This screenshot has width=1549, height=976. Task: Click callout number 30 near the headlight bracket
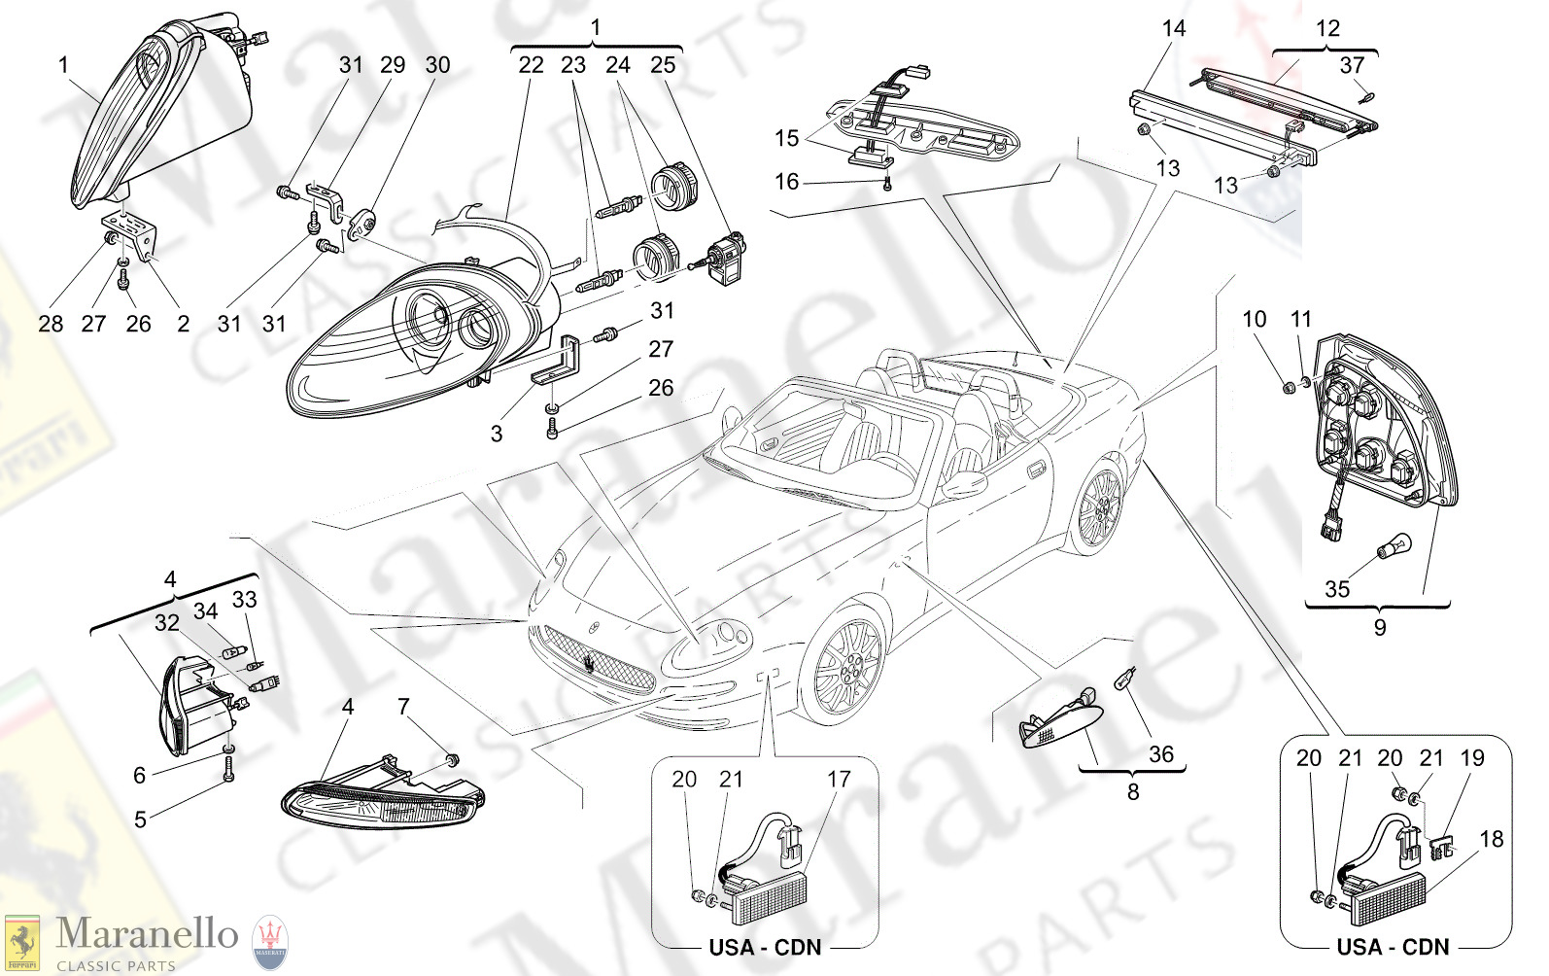[x=437, y=65]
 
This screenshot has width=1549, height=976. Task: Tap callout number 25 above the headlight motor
[x=663, y=65]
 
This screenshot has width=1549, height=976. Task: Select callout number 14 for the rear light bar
[x=1174, y=29]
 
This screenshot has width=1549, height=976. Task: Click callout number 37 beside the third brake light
[x=1352, y=65]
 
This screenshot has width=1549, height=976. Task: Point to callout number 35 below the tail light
[x=1337, y=589]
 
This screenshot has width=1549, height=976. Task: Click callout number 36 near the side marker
[x=1161, y=753]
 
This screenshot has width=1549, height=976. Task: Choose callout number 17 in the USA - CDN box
[x=839, y=779]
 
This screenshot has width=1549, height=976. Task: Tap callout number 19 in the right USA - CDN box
[x=1472, y=758]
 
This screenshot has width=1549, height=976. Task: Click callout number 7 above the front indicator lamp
[x=404, y=707]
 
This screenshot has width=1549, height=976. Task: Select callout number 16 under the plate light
[x=786, y=182]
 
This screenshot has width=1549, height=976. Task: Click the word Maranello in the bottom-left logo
[x=147, y=934]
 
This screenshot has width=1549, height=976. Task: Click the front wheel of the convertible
[x=847, y=667]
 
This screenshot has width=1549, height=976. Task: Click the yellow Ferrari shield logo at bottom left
[x=21, y=943]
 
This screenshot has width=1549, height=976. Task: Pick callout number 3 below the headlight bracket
[x=497, y=434]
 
